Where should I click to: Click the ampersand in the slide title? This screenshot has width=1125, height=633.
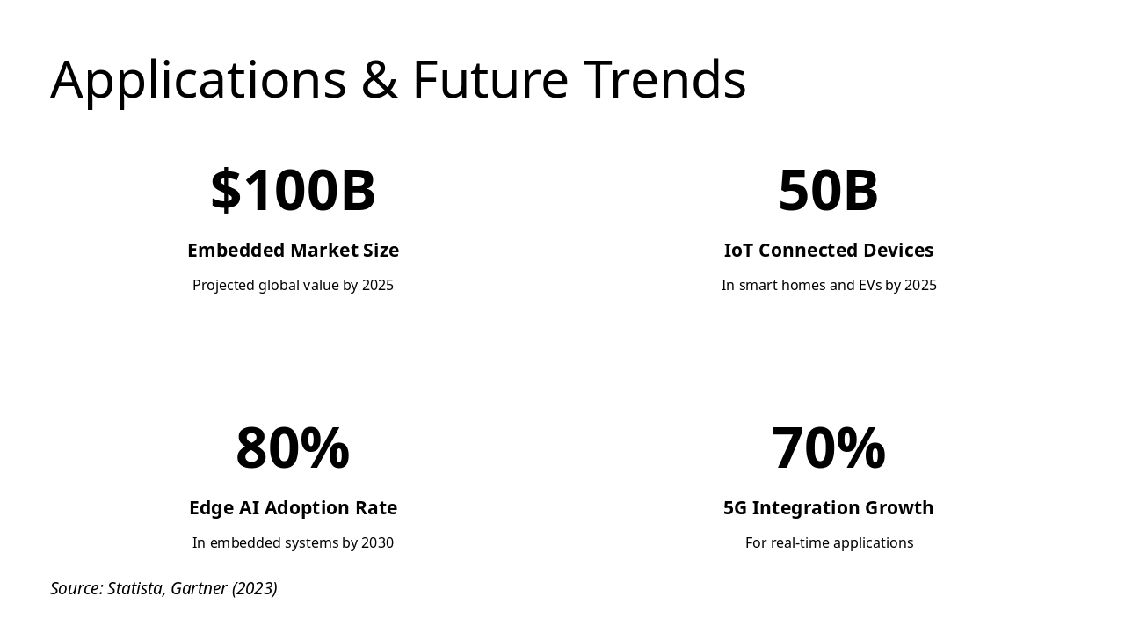[x=379, y=80]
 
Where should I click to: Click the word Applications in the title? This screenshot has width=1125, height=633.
[x=199, y=80]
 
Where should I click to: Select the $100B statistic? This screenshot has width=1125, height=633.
[x=293, y=191]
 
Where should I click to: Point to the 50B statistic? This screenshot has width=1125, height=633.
[x=828, y=191]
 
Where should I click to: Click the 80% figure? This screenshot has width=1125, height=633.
[x=293, y=448]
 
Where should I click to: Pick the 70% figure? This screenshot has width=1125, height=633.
[x=828, y=448]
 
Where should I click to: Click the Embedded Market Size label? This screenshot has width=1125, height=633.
[x=293, y=251]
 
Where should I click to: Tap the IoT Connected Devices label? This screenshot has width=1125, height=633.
[x=828, y=251]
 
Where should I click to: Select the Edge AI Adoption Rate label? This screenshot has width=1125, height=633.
[x=293, y=508]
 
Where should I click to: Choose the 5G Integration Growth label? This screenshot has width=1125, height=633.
[x=828, y=508]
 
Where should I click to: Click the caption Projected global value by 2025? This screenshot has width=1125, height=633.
[x=293, y=286]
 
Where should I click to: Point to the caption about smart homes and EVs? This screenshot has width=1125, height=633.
[x=828, y=286]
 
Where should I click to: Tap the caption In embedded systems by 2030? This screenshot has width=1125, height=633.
[x=293, y=543]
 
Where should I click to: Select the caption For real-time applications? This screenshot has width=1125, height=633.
[x=829, y=543]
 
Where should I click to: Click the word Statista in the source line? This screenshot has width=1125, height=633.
[x=135, y=589]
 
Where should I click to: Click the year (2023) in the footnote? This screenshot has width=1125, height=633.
[x=255, y=589]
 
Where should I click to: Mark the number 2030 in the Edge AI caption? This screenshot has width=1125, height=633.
[x=378, y=543]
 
